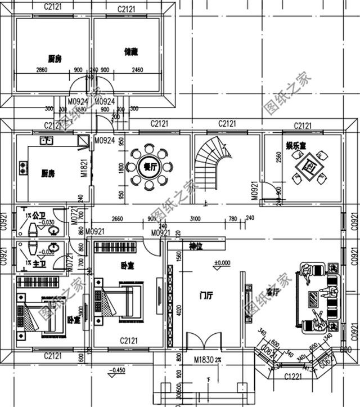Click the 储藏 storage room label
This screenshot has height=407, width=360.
coord(131,52)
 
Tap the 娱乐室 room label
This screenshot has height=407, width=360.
coord(295,146)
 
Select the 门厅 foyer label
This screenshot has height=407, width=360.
coord(207,294)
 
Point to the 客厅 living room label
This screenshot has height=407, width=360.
coord(273,292)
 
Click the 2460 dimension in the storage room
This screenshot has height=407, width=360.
coord(137,70)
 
